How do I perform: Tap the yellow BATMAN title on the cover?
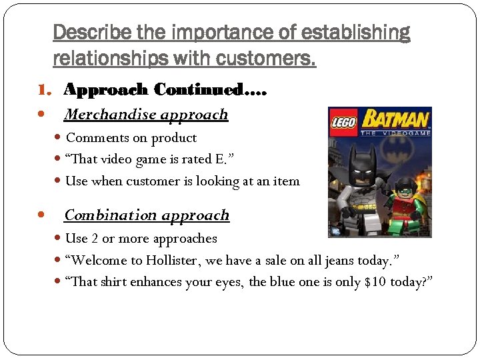pos(395,121)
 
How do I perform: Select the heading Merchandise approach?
pos(146,115)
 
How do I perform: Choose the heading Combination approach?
pos(146,215)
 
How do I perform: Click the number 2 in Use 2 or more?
pos(95,239)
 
